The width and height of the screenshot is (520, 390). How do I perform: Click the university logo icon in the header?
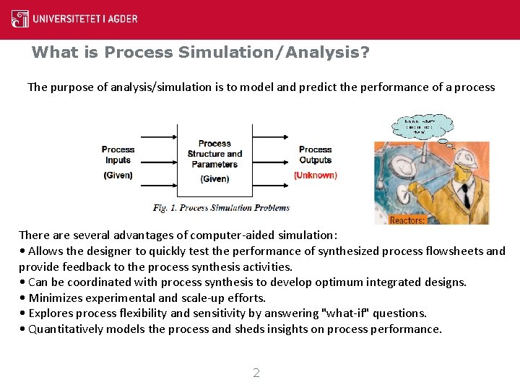tap(20, 18)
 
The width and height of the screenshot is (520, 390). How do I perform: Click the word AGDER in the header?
tap(121, 19)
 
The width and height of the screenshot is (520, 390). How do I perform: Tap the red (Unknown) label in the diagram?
tap(315, 175)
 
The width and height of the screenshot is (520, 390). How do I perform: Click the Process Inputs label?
tap(118, 155)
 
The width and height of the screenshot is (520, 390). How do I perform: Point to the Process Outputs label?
tap(315, 155)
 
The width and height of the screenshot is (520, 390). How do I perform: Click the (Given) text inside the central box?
tap(214, 179)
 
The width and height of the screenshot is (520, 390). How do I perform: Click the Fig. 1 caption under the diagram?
tap(221, 208)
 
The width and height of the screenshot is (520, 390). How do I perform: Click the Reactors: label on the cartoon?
tap(407, 220)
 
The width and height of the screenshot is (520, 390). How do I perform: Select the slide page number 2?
tap(256, 373)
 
